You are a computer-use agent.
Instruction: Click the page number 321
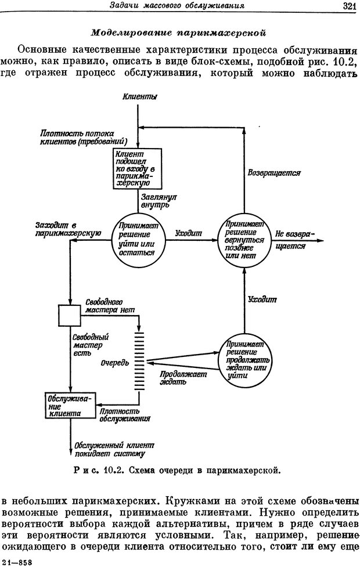[348, 6]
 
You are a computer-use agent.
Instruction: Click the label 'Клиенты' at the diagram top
[139, 97]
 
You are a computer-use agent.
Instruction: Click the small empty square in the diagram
[69, 315]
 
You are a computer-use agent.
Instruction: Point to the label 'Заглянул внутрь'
[159, 201]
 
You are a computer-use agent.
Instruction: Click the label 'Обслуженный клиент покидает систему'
[109, 449]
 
